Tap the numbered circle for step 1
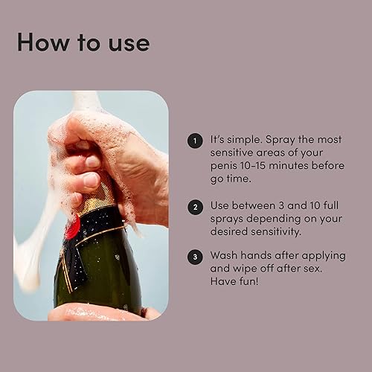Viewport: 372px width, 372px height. coord(194,140)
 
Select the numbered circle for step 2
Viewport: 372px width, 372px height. coord(194,208)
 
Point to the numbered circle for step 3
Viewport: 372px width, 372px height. coord(194,255)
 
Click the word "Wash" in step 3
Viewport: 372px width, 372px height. coord(226,255)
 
